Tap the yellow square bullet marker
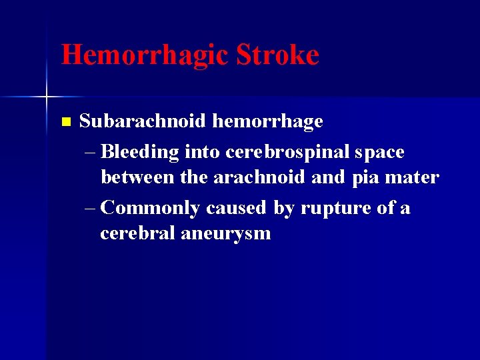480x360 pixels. point(65,122)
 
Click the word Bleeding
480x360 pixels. point(140,153)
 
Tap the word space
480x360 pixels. point(379,153)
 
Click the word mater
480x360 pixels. point(414,178)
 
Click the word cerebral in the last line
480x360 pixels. point(137,233)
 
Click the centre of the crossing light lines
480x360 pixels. point(47,97)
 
